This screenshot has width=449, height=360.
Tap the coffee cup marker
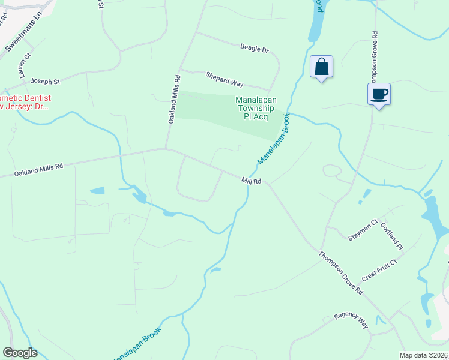click(x=379, y=95)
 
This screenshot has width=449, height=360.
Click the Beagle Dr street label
click(x=254, y=48)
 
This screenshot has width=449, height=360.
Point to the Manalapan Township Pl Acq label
click(x=256, y=108)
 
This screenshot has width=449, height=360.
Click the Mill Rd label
click(x=252, y=181)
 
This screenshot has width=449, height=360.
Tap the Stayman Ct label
click(x=363, y=230)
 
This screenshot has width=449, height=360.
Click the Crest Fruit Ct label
click(x=379, y=271)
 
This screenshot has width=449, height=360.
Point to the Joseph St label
click(x=46, y=80)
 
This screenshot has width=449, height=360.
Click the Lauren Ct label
click(x=24, y=67)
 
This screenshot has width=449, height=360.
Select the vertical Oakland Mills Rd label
click(x=173, y=100)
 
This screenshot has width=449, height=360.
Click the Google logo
click(x=20, y=353)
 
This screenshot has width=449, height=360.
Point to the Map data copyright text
click(x=424, y=355)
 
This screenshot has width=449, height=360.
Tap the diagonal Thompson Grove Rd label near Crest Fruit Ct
click(x=341, y=272)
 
